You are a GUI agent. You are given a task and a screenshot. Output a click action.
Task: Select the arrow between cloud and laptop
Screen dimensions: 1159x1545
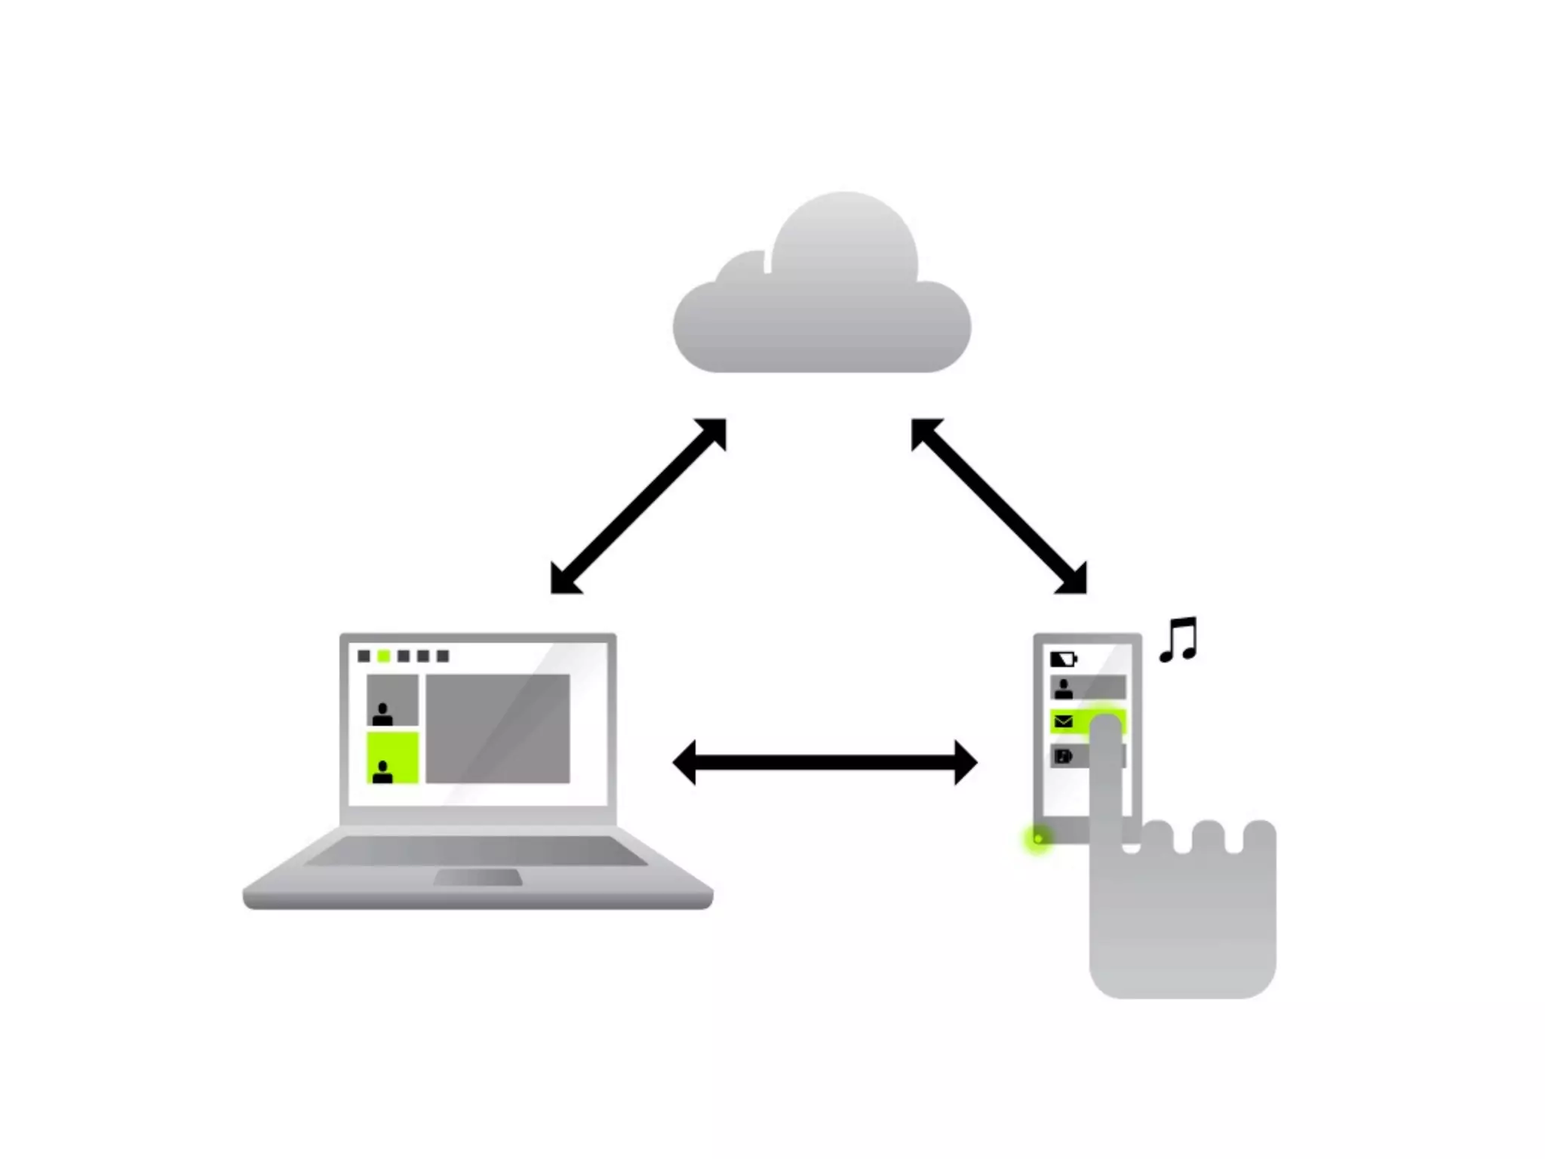tap(638, 506)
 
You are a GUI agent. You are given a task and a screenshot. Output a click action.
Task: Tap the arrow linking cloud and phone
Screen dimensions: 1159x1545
tap(999, 506)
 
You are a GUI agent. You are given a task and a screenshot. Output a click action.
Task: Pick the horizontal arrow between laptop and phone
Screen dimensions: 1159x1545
tap(825, 763)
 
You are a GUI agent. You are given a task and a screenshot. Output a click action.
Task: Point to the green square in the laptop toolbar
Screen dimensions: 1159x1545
tap(384, 656)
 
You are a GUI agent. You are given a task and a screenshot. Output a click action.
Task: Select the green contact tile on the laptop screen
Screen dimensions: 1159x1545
tap(392, 758)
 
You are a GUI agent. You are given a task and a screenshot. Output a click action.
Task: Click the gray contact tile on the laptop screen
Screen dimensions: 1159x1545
tap(392, 700)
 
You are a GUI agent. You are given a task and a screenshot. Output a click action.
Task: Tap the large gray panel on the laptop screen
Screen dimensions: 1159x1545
tap(498, 729)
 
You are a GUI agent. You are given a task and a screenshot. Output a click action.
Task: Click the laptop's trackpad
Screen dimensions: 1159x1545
tap(478, 878)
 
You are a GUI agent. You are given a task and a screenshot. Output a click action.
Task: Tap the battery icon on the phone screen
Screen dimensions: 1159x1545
tap(1063, 659)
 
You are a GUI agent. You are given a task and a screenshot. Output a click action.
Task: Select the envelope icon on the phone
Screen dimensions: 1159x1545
tap(1064, 722)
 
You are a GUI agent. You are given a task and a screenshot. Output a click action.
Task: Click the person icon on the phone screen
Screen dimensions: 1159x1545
tap(1064, 688)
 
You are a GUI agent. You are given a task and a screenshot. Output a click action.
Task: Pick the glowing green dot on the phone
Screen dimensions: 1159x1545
tap(1038, 838)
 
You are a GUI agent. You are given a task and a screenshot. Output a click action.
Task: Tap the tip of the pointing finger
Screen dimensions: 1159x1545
tap(1106, 729)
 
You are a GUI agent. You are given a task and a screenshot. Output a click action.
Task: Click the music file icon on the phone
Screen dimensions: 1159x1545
tap(1063, 756)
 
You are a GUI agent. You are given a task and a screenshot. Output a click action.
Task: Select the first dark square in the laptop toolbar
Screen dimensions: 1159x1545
tap(364, 656)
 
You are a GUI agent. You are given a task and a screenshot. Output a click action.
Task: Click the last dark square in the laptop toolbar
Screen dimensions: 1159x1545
tap(443, 656)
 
